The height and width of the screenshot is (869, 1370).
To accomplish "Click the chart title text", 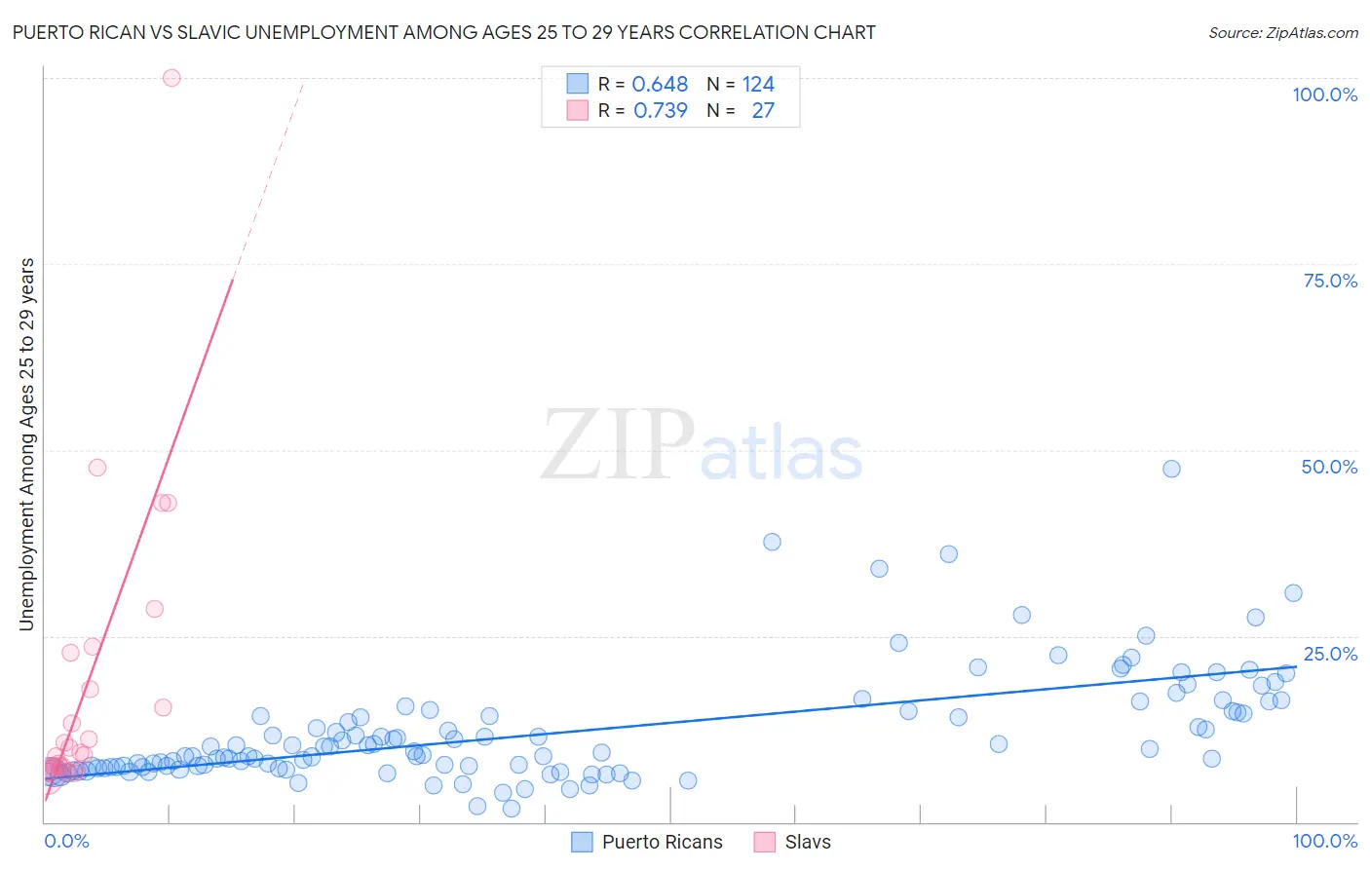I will point(443,32).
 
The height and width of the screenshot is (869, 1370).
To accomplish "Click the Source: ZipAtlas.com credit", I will point(1282,32).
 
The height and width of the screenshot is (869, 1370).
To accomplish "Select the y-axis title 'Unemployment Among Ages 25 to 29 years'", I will point(26,444).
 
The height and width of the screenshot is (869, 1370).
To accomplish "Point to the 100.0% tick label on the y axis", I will point(1324,94).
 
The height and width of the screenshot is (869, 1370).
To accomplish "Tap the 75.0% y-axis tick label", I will point(1330,281).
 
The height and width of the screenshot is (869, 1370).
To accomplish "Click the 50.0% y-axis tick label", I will point(1329,467).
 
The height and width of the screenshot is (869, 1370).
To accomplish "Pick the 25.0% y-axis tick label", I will point(1330,654).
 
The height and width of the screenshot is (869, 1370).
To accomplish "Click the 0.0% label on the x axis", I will point(66,841).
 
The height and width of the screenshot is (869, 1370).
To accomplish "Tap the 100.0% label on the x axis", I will point(1324,841).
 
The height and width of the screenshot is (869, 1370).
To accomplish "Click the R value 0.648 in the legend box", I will point(660,84).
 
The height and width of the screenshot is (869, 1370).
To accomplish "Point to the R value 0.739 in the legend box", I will point(660,110).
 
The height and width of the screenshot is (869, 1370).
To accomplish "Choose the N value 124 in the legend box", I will point(758,84).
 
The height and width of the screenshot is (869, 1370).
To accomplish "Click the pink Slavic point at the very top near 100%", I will point(171,78).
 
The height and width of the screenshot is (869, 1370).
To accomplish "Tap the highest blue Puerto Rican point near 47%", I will point(1171,469).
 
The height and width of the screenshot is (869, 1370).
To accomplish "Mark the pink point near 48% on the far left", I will point(97,468).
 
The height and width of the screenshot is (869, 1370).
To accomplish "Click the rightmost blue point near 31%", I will point(1293,593).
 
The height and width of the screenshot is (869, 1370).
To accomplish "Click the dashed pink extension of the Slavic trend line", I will point(269,175).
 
